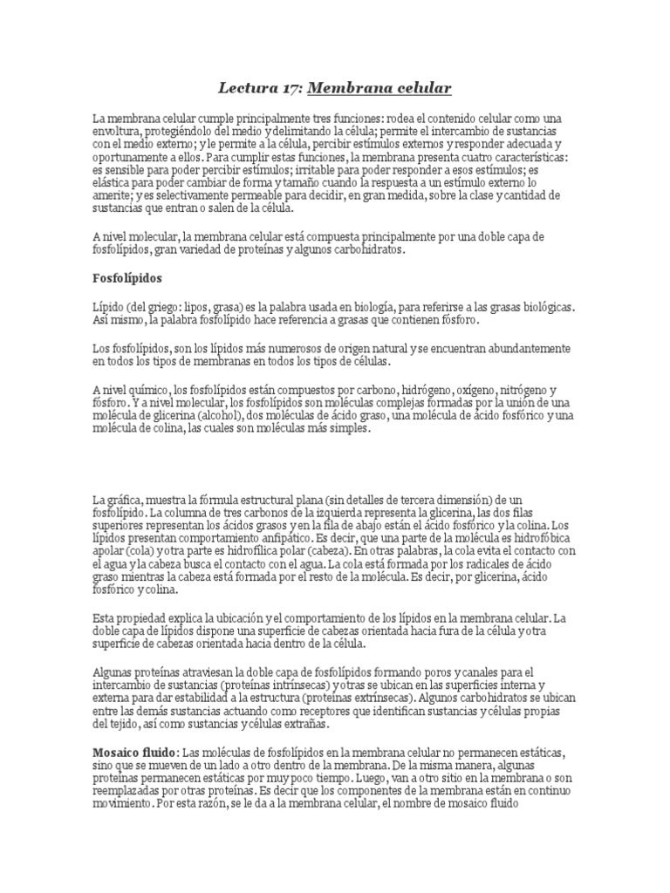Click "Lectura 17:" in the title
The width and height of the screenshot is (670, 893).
257,88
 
